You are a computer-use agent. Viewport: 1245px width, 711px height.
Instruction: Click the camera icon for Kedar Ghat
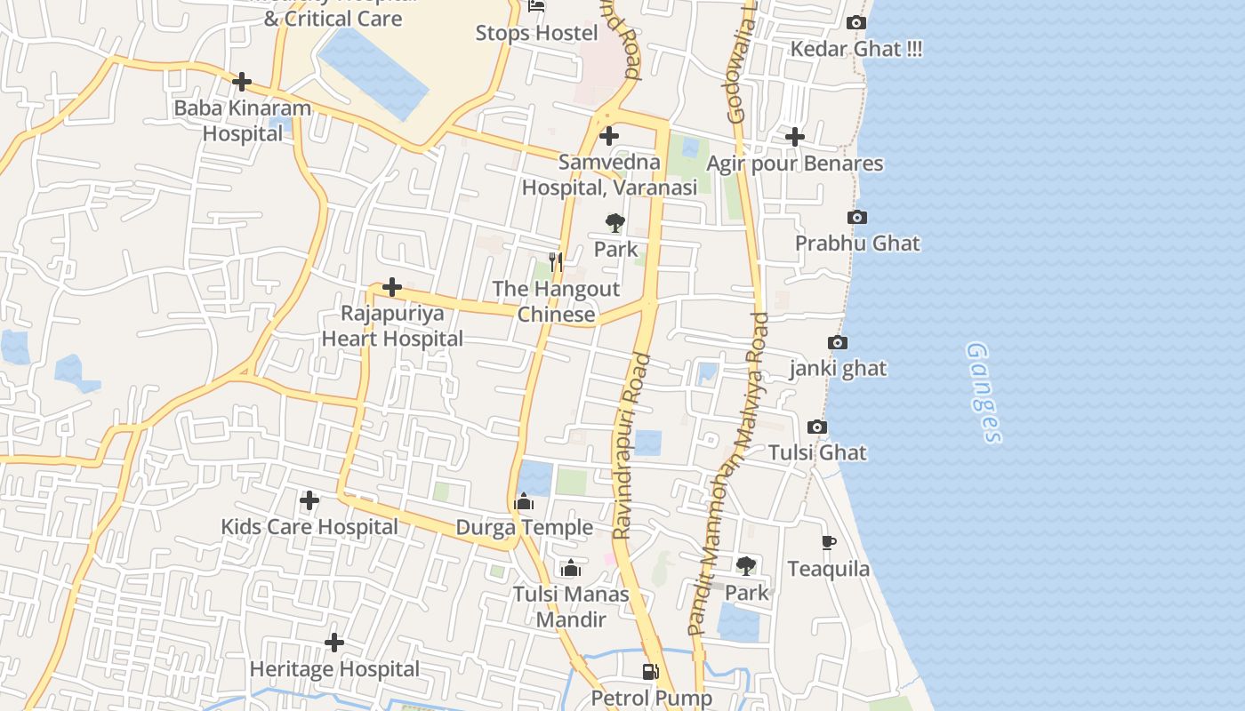pyautogui.click(x=856, y=23)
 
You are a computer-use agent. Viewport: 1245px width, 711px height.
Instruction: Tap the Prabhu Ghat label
pyautogui.click(x=857, y=244)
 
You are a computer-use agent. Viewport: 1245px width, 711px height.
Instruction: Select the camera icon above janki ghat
pyautogui.click(x=837, y=343)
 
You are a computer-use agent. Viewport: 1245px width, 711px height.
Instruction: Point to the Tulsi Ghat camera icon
pyautogui.click(x=817, y=427)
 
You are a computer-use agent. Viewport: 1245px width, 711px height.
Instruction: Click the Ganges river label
pyautogui.click(x=984, y=392)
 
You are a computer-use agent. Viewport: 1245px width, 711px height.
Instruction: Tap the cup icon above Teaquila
pyautogui.click(x=828, y=542)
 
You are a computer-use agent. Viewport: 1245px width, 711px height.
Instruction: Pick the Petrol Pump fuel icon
pyautogui.click(x=651, y=672)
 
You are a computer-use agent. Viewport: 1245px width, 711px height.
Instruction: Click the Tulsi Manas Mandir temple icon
pyautogui.click(x=571, y=568)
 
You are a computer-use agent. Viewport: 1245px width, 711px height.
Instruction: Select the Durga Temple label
pyautogui.click(x=524, y=527)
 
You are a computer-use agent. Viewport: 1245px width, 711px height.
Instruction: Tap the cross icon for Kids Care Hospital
pyautogui.click(x=309, y=501)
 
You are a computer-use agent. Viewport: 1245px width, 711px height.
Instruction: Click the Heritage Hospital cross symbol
pyautogui.click(x=334, y=643)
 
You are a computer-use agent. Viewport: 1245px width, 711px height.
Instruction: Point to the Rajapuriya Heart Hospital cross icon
pyautogui.click(x=392, y=287)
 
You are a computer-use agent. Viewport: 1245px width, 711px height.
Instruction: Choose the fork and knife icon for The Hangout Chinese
pyautogui.click(x=557, y=261)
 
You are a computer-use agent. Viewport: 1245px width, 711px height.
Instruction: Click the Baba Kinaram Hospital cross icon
pyautogui.click(x=242, y=82)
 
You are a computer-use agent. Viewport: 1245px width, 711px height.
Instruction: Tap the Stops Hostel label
pyautogui.click(x=536, y=33)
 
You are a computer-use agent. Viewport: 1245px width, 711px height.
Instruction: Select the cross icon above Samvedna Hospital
pyautogui.click(x=609, y=136)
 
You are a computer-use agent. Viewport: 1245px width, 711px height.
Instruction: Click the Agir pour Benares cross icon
pyautogui.click(x=795, y=137)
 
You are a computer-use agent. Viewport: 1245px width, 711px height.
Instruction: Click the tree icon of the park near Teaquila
pyautogui.click(x=746, y=565)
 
